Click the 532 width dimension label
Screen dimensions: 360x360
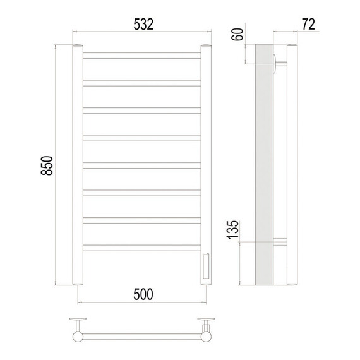143,25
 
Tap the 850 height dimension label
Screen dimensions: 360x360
47,165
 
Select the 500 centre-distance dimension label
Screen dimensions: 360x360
143,294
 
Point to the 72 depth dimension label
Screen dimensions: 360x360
309,25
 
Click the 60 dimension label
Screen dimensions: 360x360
237,35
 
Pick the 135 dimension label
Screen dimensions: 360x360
233,230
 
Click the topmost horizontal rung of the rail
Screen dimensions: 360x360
142,56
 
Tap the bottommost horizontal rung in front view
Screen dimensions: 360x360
142,248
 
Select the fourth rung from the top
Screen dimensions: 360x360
142,138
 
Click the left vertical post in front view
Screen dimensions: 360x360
78,165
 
